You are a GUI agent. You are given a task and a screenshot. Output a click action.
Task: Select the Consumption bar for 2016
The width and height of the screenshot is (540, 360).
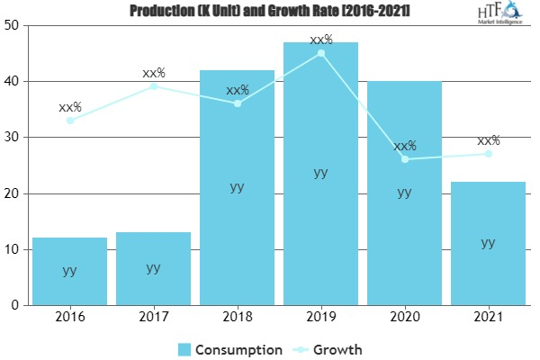[x=69, y=270]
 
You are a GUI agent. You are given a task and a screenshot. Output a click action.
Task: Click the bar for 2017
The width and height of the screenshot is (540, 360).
[x=153, y=268]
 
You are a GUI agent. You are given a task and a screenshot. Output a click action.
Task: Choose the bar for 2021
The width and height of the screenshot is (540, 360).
[x=488, y=243]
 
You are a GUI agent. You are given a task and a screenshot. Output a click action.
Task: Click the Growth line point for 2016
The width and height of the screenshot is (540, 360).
[x=69, y=121]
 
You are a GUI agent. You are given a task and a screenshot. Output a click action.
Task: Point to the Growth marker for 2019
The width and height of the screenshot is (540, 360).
[x=320, y=53]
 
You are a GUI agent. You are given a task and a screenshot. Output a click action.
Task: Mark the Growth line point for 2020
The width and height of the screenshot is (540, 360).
[x=404, y=159]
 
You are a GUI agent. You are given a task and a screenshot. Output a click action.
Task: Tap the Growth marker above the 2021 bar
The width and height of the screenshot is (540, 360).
[x=488, y=154]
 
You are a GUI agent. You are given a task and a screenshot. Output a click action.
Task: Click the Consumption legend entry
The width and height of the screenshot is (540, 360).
[x=229, y=348]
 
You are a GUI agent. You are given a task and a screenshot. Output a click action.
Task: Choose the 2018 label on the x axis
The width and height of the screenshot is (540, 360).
[x=237, y=318]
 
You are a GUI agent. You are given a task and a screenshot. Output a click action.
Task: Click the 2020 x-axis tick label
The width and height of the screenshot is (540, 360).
[x=404, y=318]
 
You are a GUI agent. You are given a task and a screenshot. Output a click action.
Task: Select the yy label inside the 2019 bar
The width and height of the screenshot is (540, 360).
[x=320, y=173]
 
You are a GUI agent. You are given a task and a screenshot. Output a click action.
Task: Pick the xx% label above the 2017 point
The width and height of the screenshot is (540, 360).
[x=154, y=73]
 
